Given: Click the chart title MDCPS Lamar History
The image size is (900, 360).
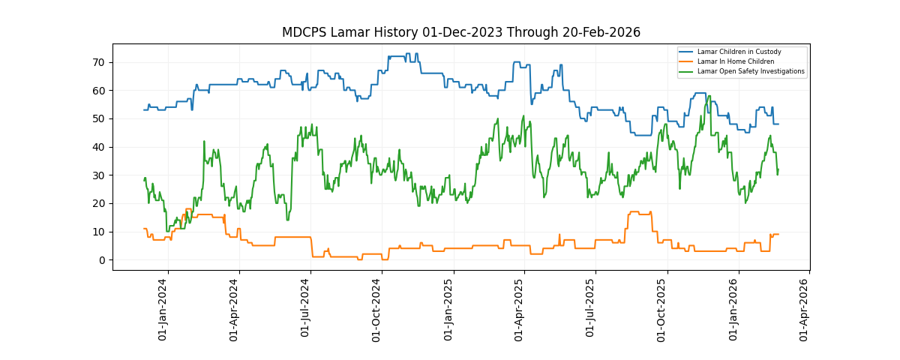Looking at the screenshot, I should click(x=460, y=32).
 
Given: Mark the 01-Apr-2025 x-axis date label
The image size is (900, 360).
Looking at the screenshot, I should click(x=519, y=310).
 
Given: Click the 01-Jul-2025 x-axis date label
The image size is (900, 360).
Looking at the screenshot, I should click(x=590, y=310).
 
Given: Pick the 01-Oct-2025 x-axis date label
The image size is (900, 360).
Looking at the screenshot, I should click(x=661, y=310).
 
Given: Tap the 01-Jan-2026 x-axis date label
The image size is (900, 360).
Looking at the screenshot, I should click(x=733, y=310).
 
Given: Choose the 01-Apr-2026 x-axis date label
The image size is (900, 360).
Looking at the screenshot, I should click(x=804, y=310).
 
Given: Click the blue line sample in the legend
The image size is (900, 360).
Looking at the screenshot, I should click(x=686, y=52).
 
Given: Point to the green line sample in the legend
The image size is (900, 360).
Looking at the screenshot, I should click(x=686, y=71).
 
